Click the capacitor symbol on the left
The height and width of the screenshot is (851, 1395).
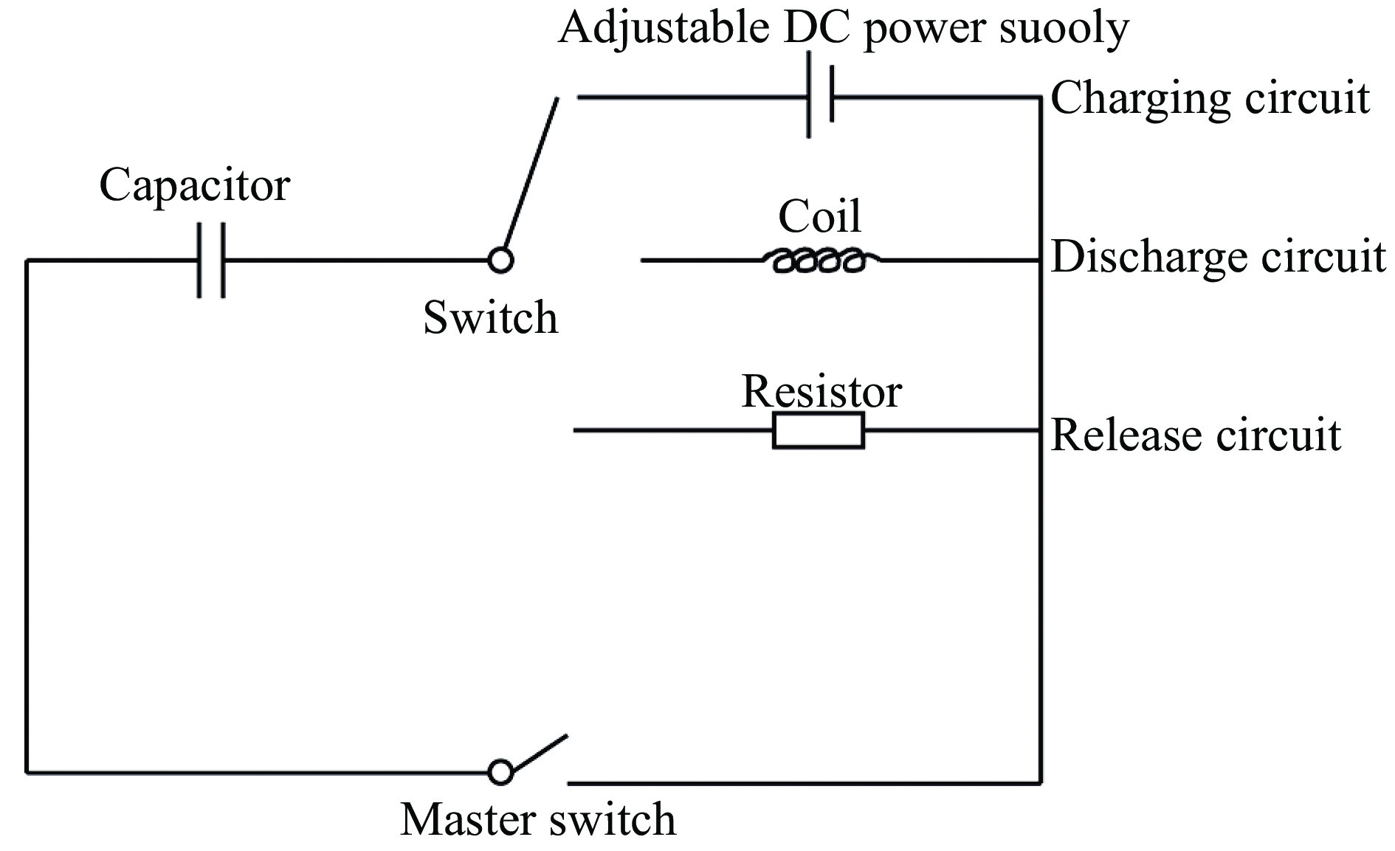211,260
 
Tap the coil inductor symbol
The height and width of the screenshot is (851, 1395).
819,260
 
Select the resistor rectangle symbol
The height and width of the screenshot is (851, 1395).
818,430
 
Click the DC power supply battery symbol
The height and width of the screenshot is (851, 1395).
820,96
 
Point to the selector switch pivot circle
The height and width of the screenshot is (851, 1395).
500,260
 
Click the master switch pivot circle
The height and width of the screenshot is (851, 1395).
500,772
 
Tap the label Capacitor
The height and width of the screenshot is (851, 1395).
194,185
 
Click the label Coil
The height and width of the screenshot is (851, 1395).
819,216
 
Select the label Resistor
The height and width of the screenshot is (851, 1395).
821,391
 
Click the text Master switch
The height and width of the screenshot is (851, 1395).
537,819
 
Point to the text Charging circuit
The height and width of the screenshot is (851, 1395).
1209,98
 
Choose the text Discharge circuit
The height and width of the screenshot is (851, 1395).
1217,258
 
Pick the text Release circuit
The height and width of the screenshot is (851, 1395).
1195,435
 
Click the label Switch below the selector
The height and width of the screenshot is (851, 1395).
490,318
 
